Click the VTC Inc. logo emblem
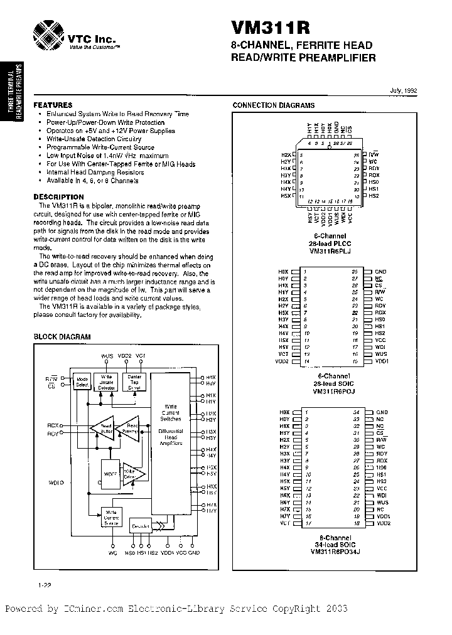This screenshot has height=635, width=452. [x=48, y=31]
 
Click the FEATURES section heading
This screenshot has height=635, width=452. [x=53, y=105]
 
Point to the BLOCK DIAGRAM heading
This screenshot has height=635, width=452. [x=62, y=337]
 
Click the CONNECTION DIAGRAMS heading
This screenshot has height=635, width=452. [x=274, y=105]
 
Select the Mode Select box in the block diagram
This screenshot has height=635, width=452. [x=82, y=382]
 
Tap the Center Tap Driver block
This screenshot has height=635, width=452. [x=135, y=382]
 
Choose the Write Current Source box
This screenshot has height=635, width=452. [x=112, y=518]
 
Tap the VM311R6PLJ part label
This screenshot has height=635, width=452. [x=332, y=251]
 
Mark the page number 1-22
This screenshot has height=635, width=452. [x=44, y=585]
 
